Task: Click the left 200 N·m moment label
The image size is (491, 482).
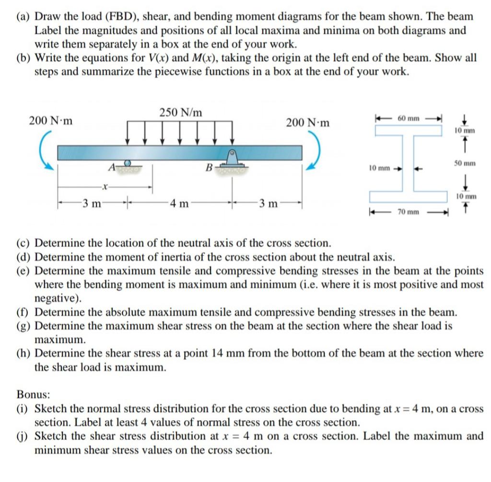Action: pos(51,120)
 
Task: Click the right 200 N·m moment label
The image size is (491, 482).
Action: pos(308,122)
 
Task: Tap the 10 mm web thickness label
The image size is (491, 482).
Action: pos(379,168)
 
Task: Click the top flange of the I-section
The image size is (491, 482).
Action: pos(408,130)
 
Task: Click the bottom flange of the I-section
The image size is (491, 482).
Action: pos(408,197)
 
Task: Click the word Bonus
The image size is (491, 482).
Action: pos(33,394)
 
